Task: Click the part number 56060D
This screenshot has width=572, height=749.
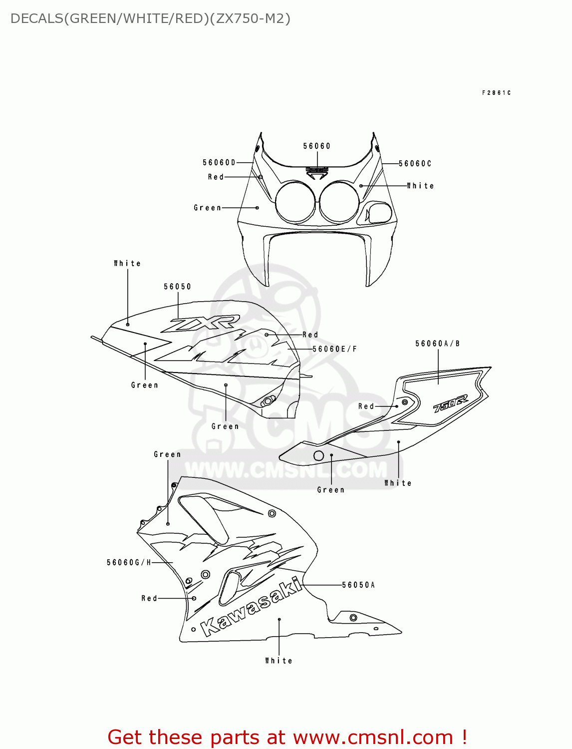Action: (219, 162)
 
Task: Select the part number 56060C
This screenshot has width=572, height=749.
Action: (415, 164)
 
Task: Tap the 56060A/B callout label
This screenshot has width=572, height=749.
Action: (437, 344)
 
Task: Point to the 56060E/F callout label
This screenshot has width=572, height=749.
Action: (334, 349)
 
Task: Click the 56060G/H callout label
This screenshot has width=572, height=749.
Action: (129, 563)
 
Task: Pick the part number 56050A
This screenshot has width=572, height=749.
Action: (358, 585)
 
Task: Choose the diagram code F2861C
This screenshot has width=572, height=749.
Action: (496, 93)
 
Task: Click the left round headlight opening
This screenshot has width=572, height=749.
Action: (295, 202)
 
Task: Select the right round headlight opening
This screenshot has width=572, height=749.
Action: (339, 202)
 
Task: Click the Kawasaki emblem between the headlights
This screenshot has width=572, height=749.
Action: (317, 171)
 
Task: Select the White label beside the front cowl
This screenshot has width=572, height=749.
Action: (420, 186)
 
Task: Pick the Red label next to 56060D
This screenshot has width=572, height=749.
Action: (216, 177)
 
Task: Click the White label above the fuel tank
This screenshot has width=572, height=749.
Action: (127, 263)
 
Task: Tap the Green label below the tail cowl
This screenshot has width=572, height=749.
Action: (330, 490)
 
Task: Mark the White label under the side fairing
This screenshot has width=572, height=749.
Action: (279, 661)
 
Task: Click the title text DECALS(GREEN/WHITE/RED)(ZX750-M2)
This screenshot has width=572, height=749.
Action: (150, 18)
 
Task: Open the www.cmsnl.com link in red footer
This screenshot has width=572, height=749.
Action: (373, 737)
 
